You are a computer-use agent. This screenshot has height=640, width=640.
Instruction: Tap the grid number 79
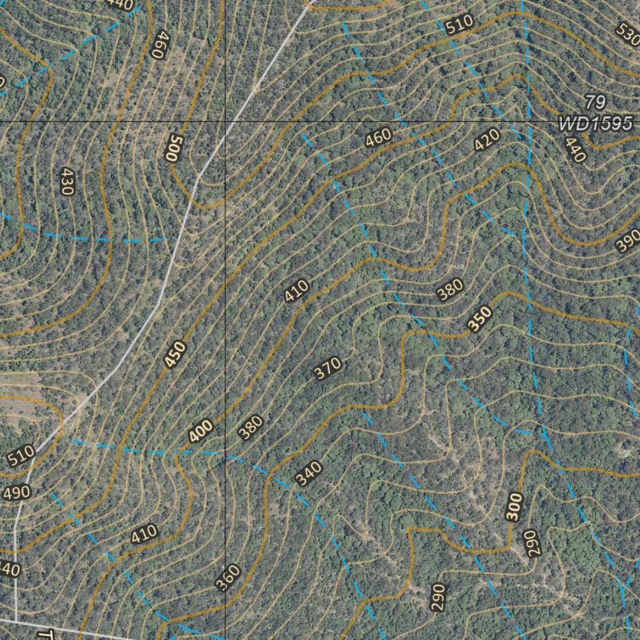tap(596, 102)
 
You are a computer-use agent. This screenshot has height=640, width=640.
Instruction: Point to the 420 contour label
tap(487, 141)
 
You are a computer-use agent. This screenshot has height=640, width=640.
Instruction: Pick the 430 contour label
tap(67, 181)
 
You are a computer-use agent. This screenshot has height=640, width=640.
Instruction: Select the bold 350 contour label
tap(480, 319)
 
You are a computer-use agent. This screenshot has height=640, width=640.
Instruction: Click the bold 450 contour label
tap(176, 354)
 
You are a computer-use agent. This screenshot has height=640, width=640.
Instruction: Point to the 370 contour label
tap(327, 368)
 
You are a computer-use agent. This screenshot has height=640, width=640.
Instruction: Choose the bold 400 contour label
tap(201, 431)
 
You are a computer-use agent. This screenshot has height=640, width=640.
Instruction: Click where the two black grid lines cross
tap(225, 121)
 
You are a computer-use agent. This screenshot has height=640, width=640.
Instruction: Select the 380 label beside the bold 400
tap(251, 427)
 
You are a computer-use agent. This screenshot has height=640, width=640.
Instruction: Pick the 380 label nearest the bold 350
tap(450, 289)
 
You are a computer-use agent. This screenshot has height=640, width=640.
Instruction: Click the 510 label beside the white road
tap(21, 457)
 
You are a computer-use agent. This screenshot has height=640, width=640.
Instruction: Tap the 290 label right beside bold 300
tap(531, 544)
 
